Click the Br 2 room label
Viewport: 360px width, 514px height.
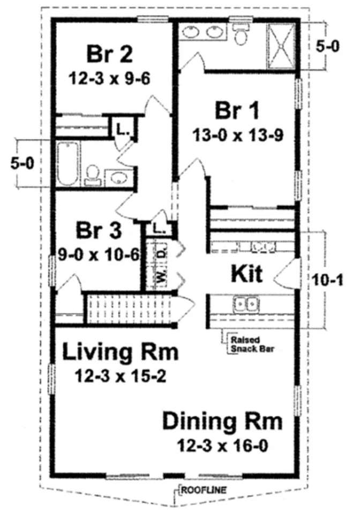(x=110, y=55)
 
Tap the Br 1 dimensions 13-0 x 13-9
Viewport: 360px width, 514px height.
(x=238, y=135)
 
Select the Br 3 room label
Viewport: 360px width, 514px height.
(x=99, y=230)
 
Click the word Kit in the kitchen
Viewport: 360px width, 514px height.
(x=246, y=274)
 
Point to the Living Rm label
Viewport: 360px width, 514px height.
(x=121, y=352)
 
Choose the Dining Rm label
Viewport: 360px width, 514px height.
(x=222, y=421)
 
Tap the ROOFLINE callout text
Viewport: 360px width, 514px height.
(x=204, y=490)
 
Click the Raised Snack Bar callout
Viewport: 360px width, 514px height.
(x=252, y=344)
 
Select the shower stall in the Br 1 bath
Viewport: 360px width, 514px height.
(x=282, y=46)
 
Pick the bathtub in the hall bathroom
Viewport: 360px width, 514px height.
(x=68, y=163)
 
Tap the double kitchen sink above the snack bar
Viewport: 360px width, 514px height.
(x=246, y=304)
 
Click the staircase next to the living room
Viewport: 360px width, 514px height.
(x=129, y=308)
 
